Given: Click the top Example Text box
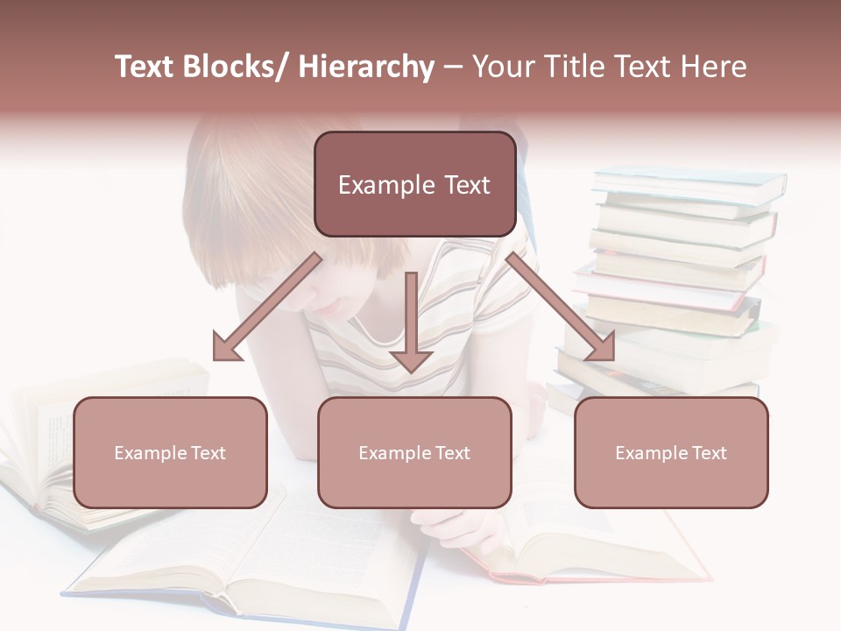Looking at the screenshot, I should (414, 185).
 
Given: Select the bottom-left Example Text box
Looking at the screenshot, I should (170, 453).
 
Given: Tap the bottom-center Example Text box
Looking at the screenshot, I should (414, 453).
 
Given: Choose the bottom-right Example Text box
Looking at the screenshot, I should (671, 453).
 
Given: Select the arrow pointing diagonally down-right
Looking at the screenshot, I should (561, 307).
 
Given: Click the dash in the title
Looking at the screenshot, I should (453, 67).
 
